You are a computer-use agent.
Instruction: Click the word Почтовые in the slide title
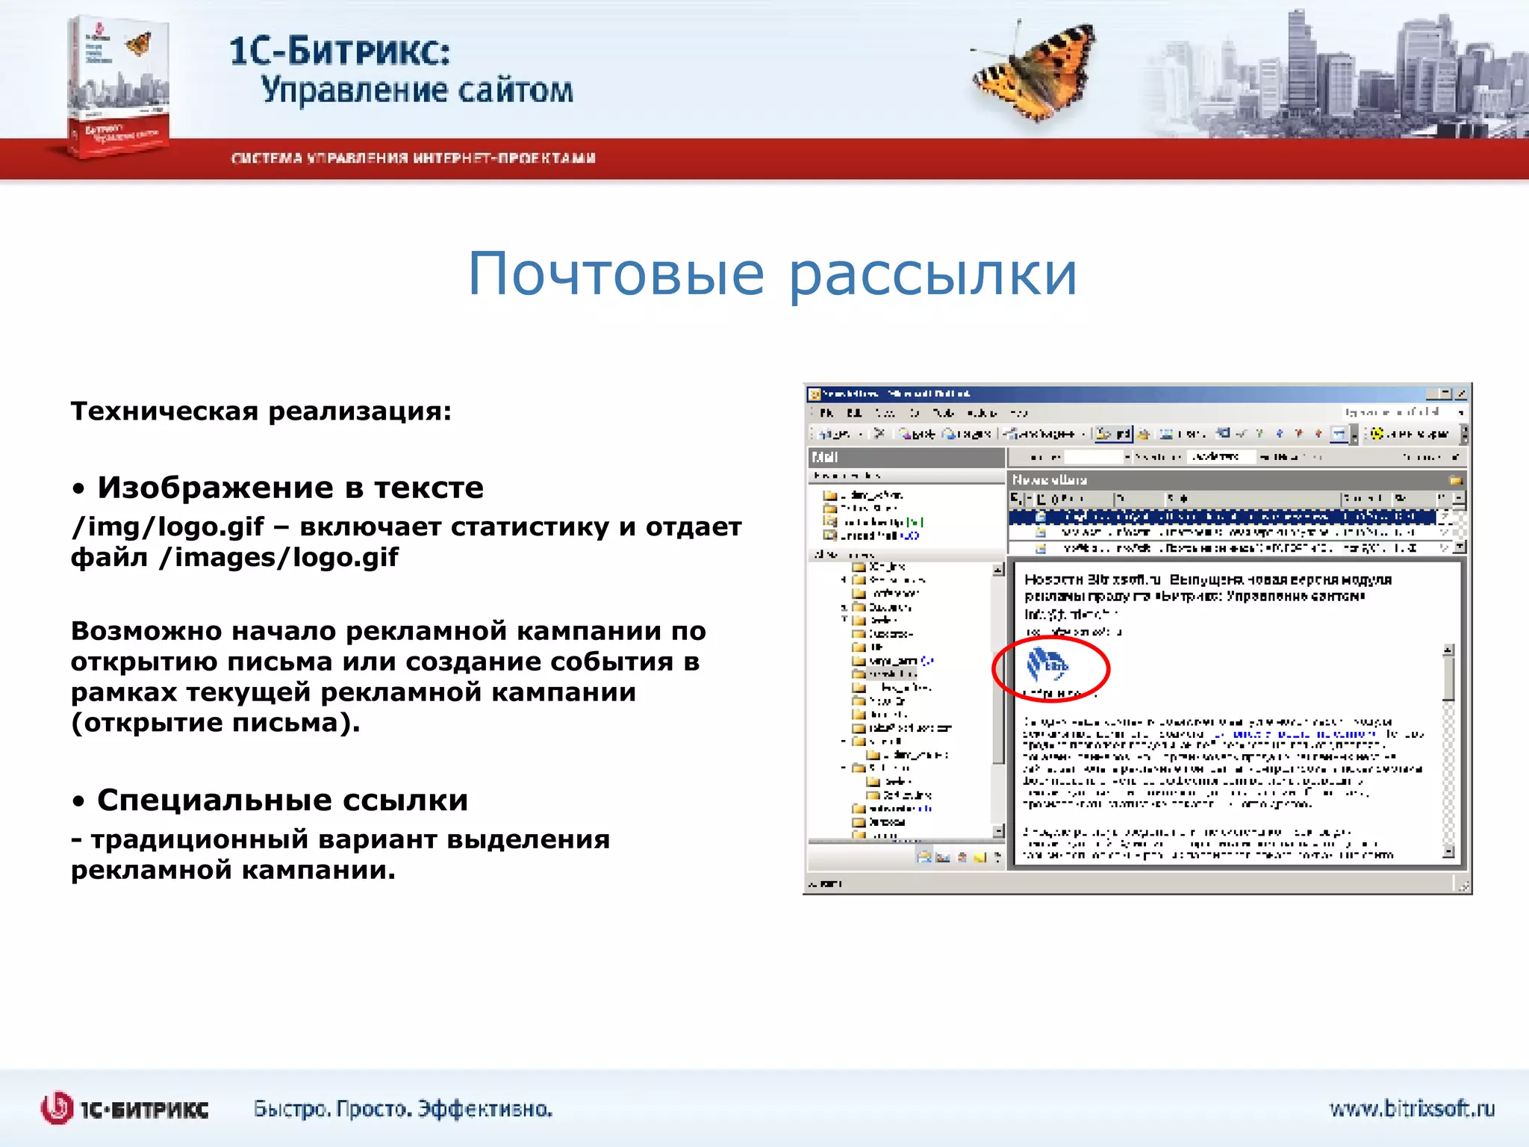tap(616, 274)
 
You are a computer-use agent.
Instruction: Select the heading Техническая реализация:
tap(261, 411)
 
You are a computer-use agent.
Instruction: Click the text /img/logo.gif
tap(168, 527)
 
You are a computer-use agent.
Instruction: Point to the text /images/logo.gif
tap(279, 558)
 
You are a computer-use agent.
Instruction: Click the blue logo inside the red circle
tap(1047, 665)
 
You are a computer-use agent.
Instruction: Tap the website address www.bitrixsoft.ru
tap(1412, 1109)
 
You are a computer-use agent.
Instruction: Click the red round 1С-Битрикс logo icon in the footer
tap(57, 1108)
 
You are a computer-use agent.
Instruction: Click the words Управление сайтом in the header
tap(417, 90)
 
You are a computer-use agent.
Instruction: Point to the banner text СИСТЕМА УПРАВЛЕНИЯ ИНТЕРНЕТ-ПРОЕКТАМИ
tap(414, 158)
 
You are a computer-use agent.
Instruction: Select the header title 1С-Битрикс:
tap(340, 52)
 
